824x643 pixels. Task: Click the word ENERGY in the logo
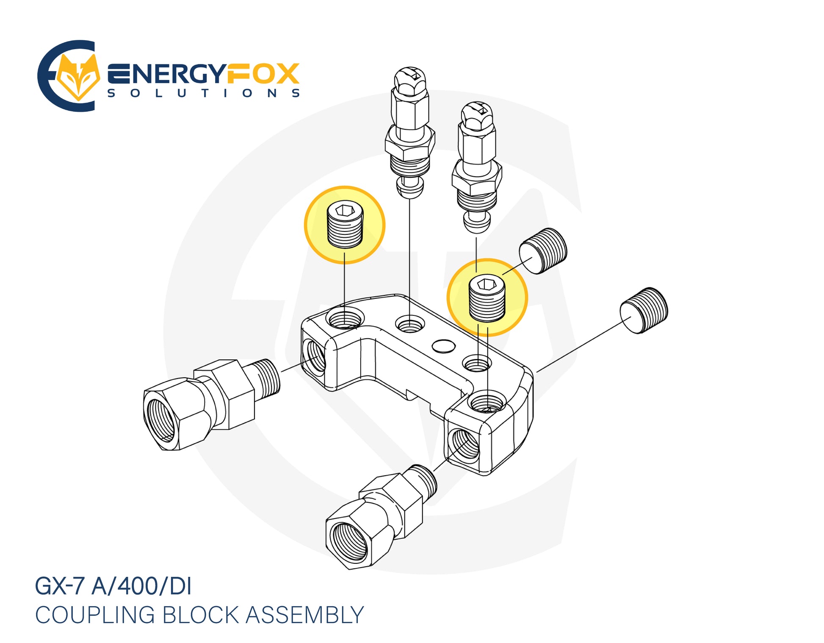click(x=167, y=74)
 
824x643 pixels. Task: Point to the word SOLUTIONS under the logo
click(x=204, y=93)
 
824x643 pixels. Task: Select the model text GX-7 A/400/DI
click(x=113, y=586)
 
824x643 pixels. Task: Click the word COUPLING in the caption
click(x=95, y=615)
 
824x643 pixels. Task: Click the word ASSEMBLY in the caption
click(x=304, y=615)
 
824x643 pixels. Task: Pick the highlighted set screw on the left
click(x=345, y=224)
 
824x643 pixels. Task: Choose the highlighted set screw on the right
click(x=487, y=298)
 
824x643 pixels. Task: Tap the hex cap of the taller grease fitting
click(x=410, y=81)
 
